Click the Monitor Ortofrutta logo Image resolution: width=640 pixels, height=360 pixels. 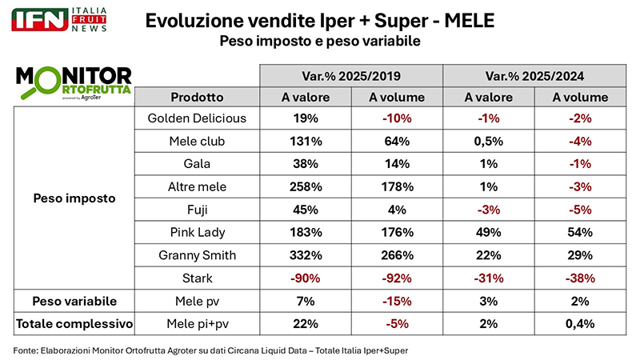tap(74, 82)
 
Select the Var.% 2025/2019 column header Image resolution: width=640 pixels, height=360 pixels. tap(351, 76)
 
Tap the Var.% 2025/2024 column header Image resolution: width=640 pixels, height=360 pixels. tap(536, 76)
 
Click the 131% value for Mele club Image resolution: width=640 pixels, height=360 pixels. tap(304, 141)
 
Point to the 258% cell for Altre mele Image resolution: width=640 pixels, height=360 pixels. tap(304, 186)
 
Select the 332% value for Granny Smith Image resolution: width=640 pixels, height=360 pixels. tap(304, 255)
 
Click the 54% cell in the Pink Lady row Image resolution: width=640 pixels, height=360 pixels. tap(582, 232)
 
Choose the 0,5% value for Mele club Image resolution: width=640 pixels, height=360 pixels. tap(489, 141)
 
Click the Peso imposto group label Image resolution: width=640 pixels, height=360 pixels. tap(74, 198)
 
